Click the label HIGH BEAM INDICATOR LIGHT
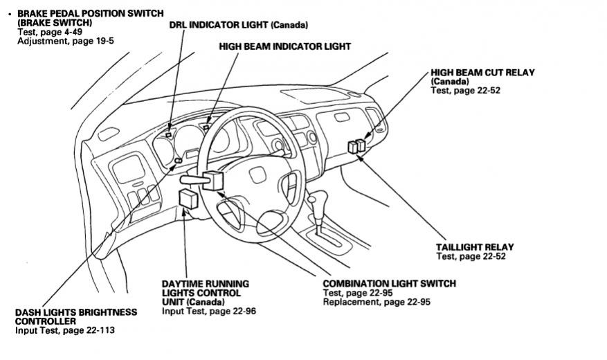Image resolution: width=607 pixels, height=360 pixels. (284, 46)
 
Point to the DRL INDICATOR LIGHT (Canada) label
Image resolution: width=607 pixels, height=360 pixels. (238, 25)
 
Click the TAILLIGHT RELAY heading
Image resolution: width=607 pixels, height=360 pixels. (475, 247)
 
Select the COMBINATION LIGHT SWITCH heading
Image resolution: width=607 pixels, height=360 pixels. (389, 284)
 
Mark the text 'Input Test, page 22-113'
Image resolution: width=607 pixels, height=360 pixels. (65, 330)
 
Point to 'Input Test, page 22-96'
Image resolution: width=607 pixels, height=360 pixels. (208, 312)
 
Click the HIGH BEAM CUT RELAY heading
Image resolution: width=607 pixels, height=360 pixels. (482, 72)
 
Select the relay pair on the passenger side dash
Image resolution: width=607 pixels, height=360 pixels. (357, 146)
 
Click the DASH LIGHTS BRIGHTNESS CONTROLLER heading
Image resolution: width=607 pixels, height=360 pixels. (75, 316)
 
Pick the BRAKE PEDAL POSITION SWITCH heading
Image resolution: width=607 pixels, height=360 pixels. (90, 13)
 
